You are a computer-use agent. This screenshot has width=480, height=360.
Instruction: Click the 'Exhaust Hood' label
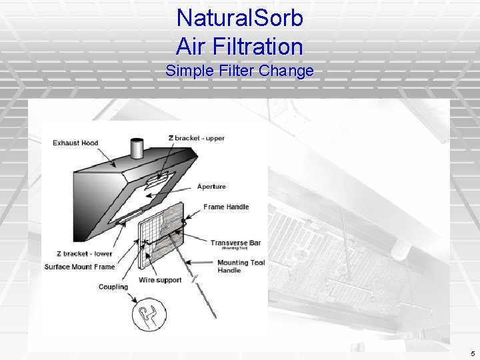[x=75, y=143]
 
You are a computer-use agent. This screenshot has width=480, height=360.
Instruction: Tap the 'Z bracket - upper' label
[x=196, y=138]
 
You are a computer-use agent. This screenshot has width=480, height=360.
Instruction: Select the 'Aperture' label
[x=211, y=187]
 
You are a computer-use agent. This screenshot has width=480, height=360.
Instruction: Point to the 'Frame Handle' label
[x=226, y=207]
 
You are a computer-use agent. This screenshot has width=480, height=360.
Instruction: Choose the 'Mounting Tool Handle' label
[x=241, y=266]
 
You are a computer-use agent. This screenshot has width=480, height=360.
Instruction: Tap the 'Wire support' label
[x=160, y=280]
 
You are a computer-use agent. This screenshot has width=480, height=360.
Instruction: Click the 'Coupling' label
[x=113, y=287]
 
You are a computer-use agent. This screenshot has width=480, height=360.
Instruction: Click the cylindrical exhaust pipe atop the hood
[x=137, y=148]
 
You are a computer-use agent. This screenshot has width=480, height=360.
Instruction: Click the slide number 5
[x=472, y=353]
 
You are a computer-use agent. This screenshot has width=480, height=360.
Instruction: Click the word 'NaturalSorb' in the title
[x=240, y=18]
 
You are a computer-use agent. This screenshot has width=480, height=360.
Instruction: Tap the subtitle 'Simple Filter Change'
[x=239, y=70]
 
